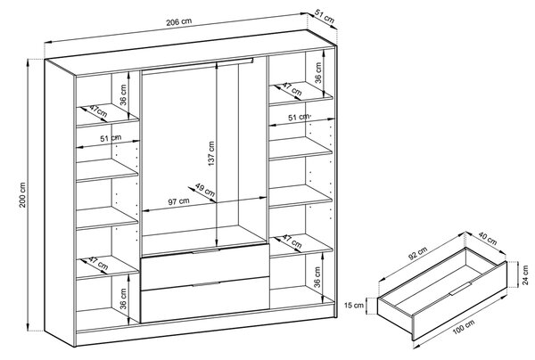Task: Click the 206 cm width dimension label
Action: coord(179,21)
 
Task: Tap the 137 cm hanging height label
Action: coord(211,153)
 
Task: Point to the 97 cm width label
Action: coord(178,201)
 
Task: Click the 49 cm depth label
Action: coord(205,190)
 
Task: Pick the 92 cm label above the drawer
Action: coord(418,253)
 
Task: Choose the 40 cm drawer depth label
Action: coord(487,238)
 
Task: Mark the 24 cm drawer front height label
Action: coord(525,274)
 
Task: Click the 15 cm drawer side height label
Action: coord(354,305)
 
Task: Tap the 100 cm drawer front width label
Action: coord(464,328)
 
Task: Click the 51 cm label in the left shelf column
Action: coord(111,138)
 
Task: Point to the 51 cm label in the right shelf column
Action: coord(298,118)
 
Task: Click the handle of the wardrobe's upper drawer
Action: coord(206,251)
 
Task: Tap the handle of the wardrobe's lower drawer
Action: coord(206,284)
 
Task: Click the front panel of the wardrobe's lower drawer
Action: coord(205,300)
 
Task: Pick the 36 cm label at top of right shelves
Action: coord(318,72)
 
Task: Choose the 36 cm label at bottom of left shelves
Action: coord(123,299)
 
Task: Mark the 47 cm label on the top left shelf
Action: coord(98,111)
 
